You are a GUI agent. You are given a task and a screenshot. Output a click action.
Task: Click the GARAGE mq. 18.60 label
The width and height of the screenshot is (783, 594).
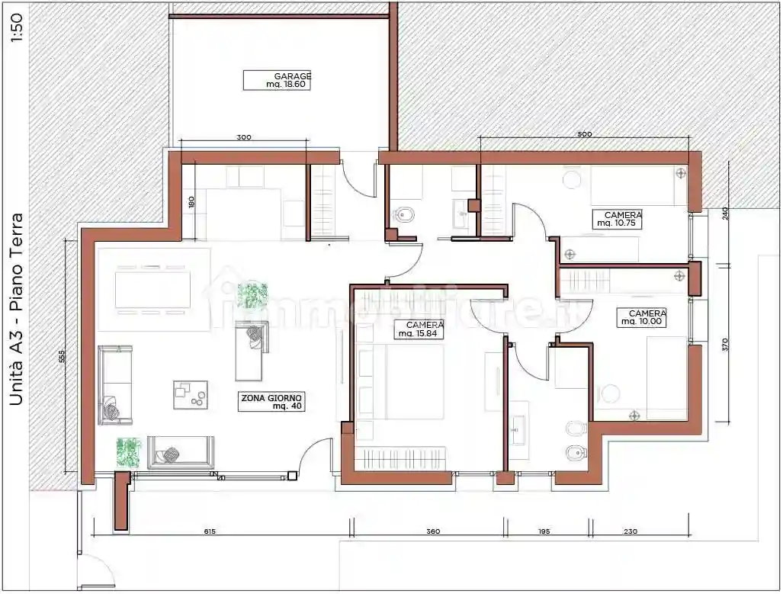pyautogui.click(x=278, y=80)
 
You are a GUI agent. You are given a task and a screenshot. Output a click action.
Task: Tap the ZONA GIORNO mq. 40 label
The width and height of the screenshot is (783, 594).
pyautogui.click(x=272, y=402)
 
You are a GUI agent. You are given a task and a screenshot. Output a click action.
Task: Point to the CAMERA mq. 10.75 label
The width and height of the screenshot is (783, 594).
pyautogui.click(x=618, y=220)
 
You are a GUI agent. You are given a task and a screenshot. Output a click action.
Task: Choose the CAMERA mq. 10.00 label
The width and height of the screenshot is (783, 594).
pyautogui.click(x=643, y=317)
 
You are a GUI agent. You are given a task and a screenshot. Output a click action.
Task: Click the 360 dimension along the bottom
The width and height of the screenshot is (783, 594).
pyautogui.click(x=432, y=531)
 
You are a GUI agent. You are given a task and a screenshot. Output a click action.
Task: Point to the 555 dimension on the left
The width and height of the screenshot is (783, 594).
pyautogui.click(x=61, y=358)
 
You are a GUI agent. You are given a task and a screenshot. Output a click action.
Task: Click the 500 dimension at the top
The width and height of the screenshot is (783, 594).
pyautogui.click(x=584, y=134)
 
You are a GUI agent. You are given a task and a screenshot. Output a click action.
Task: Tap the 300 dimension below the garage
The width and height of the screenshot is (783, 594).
pyautogui.click(x=243, y=138)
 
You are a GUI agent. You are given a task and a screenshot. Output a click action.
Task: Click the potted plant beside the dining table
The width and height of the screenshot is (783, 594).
pyautogui.click(x=252, y=295)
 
